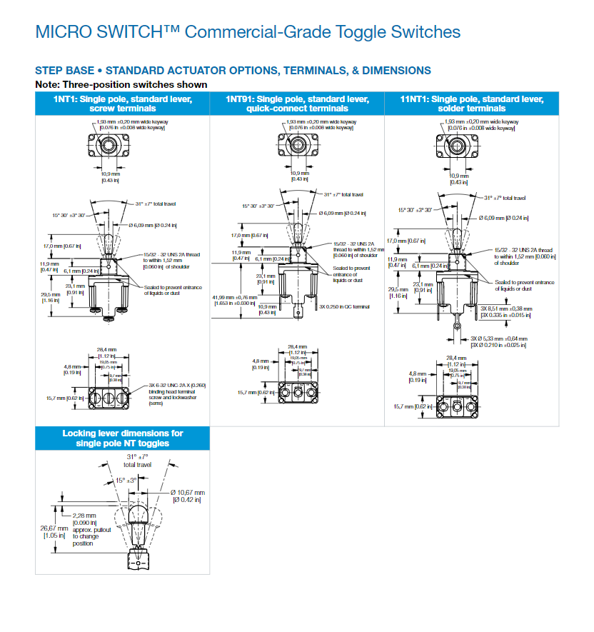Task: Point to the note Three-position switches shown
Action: click(121, 84)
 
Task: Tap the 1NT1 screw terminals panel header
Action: click(122, 104)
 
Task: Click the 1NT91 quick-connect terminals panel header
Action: click(297, 104)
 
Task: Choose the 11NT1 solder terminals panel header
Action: click(471, 104)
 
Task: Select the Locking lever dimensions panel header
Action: click(122, 438)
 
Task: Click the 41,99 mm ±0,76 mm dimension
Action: click(233, 299)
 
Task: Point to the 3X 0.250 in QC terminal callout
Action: click(345, 306)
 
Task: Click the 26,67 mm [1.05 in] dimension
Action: click(56, 532)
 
